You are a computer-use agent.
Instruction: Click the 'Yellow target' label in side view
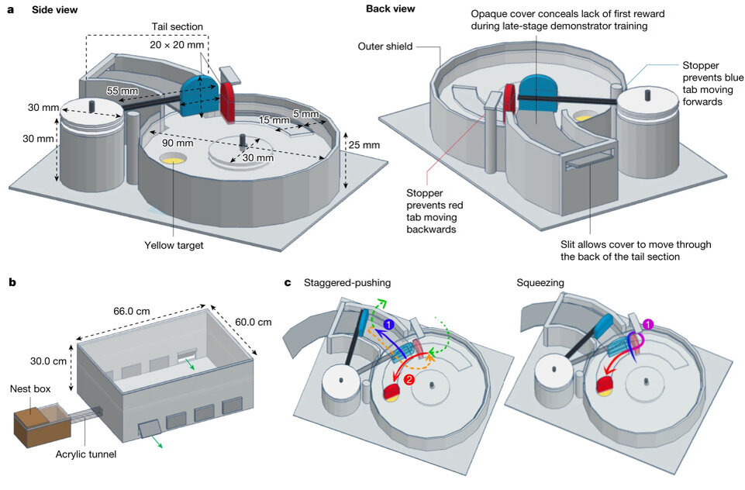coord(174,245)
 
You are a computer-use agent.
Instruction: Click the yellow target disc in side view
coord(172,159)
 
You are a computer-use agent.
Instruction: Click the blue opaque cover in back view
coord(543,94)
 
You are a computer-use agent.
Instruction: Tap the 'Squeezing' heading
coord(540,283)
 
